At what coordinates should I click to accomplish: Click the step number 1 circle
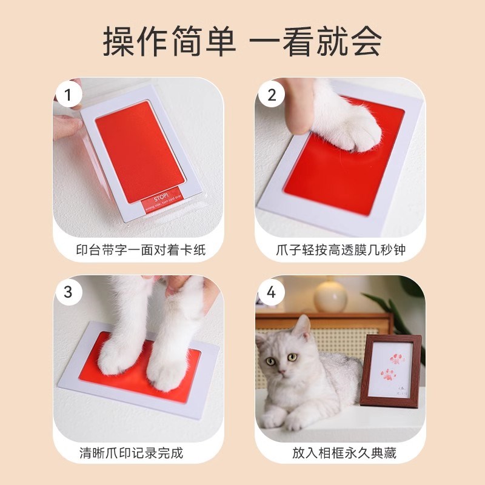pos(69,95)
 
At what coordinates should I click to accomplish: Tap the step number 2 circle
pos(271,95)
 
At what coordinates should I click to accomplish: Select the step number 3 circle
pos(69,292)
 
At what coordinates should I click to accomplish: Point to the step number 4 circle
pos(271,293)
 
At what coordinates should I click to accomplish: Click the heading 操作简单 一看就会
pos(242,41)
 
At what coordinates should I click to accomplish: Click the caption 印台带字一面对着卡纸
pos(140,250)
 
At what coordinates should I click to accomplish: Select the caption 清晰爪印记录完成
pos(131,452)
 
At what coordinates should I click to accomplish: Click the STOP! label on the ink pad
pos(158,200)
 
